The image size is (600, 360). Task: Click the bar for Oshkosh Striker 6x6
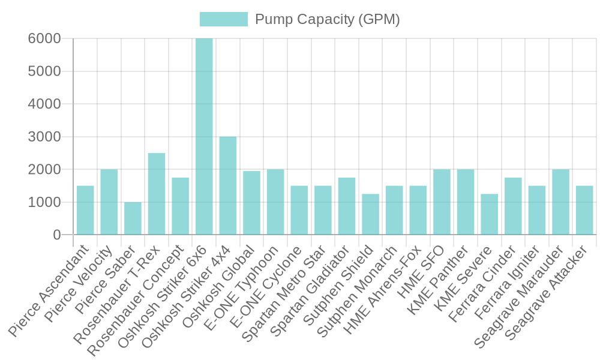click(x=204, y=136)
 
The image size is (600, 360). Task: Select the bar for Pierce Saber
click(x=133, y=218)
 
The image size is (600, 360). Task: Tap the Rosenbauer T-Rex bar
click(x=157, y=194)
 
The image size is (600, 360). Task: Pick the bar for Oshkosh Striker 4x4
click(x=228, y=185)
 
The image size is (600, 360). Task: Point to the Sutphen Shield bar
click(x=370, y=214)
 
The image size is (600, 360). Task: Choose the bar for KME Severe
click(x=489, y=214)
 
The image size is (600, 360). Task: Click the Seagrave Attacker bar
click(x=584, y=210)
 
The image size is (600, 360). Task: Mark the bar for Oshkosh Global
click(x=251, y=203)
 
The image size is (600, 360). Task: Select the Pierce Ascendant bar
click(x=85, y=210)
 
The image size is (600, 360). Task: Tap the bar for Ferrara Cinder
click(x=513, y=206)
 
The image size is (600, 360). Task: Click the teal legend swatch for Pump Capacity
click(x=223, y=19)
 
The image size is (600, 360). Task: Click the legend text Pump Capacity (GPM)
click(x=327, y=19)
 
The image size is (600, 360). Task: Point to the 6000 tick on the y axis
click(x=44, y=38)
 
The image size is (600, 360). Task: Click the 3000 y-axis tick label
click(x=44, y=137)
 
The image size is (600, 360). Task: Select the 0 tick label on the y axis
click(x=57, y=235)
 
